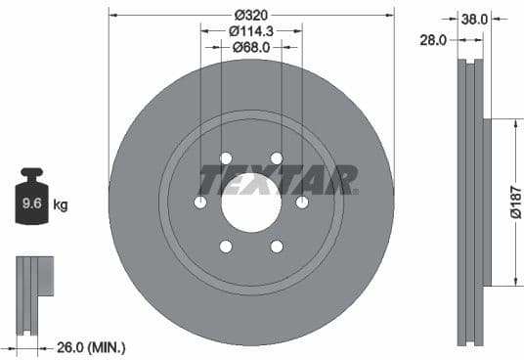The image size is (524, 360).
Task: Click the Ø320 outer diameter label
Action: click(250, 15)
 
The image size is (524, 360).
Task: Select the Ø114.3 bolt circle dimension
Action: click(250, 30)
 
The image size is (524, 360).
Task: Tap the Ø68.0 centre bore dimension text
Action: click(250, 46)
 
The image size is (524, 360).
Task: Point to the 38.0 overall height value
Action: click(474, 19)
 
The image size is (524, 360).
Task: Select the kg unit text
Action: click(61, 205)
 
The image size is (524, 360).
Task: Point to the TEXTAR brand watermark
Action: click(278, 180)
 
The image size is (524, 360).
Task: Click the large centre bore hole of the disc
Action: click(250, 202)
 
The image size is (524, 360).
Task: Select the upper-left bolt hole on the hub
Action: click(225, 158)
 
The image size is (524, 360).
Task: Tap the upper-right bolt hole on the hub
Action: click(276, 158)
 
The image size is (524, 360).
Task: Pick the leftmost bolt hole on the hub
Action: click(200, 202)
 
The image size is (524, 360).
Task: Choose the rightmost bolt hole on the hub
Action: click(301, 202)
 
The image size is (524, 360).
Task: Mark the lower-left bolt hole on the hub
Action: click(225, 247)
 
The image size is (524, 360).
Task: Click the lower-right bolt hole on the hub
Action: click(276, 247)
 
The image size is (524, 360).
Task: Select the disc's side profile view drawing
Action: click(471, 202)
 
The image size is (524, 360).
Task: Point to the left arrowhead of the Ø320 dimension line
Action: click(112, 15)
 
